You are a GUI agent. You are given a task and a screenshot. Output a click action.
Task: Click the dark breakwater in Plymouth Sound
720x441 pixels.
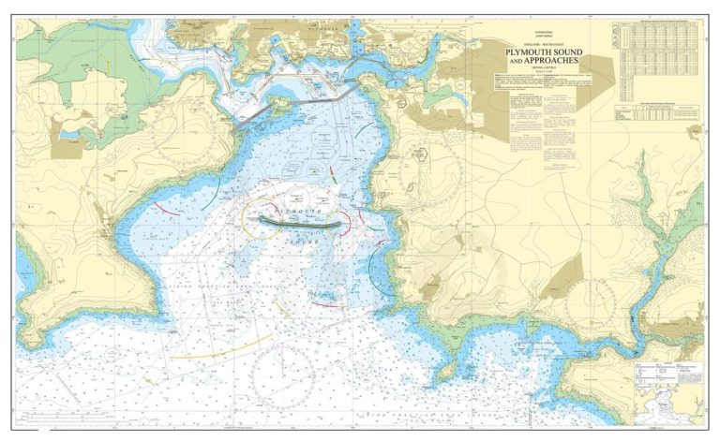299,222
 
